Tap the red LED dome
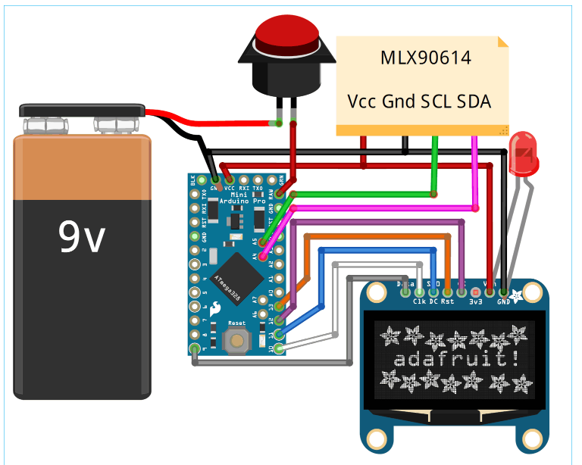coord(524,151)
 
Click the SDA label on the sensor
coord(474,101)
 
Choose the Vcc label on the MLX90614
coord(362,101)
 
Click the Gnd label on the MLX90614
coord(399,101)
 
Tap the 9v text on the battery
coord(83,237)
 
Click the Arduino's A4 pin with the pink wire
coord(263,257)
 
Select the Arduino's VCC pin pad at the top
coord(229,179)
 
